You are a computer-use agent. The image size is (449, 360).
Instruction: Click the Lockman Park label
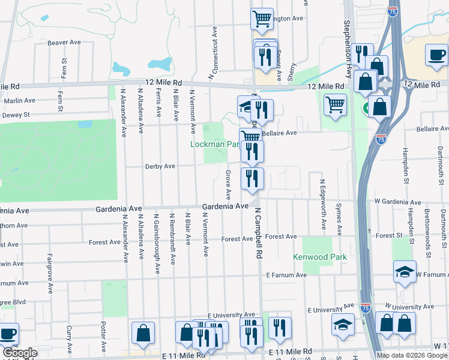coord(207,145)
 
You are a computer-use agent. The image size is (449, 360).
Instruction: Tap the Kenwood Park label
coord(320,257)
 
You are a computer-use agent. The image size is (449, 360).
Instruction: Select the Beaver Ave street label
coord(64,43)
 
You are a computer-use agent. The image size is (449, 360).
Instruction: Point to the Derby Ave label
coord(160,166)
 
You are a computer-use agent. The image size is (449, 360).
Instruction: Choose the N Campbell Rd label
coord(258,233)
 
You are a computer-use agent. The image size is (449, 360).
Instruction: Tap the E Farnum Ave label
coord(286,275)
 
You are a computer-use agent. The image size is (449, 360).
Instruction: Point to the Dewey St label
coord(16,115)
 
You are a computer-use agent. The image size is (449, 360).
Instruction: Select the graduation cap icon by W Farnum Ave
coord(405,272)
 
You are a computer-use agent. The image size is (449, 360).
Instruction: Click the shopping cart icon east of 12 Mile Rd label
coord(335,104)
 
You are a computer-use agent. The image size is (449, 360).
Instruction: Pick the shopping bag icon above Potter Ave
coord(143,333)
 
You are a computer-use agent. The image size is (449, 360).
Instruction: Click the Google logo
coord(20,353)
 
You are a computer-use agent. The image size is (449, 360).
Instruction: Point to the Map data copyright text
coord(412,355)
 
